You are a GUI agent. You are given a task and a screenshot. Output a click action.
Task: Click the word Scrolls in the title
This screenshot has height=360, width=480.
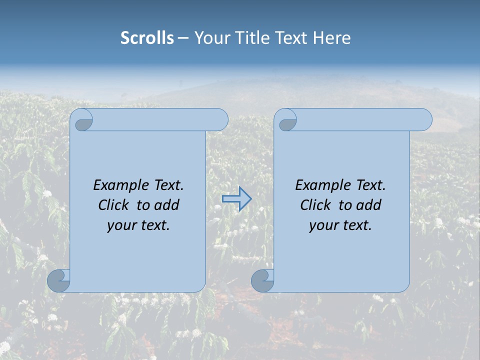[147, 38]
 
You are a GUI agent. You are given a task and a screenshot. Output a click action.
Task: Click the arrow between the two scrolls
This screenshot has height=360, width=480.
[236, 198]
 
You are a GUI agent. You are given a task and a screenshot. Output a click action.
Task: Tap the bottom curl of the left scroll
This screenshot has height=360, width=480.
[58, 280]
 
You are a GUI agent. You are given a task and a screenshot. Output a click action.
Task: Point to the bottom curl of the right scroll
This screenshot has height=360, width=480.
[262, 280]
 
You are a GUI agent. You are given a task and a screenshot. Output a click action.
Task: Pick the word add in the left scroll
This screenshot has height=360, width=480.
[167, 205]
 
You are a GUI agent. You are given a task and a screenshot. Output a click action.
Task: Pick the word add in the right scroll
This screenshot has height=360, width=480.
[369, 205]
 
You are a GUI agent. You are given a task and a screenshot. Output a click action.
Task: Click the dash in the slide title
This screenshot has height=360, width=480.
[183, 38]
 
